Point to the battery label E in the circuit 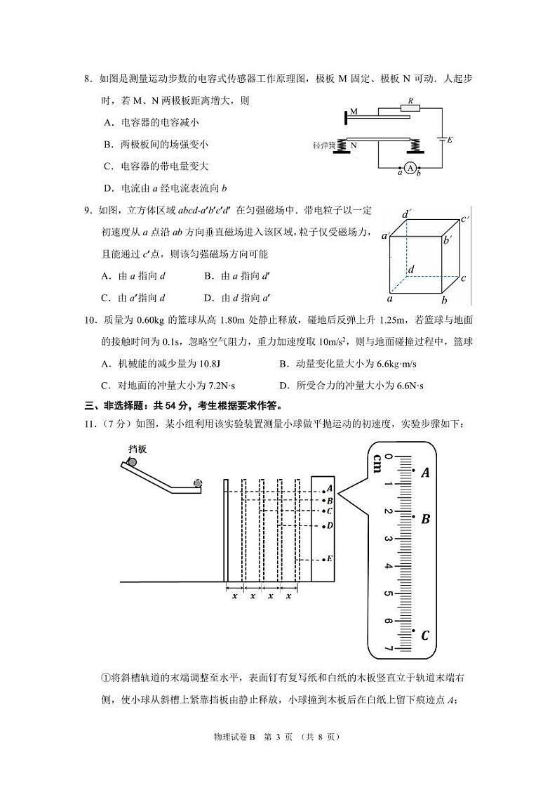(450, 140)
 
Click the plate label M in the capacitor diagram (354, 112)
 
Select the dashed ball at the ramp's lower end (198, 483)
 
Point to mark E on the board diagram (329, 559)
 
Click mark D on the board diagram (329, 525)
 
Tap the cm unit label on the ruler (377, 464)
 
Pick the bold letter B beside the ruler (425, 520)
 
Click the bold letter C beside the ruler (425, 636)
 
